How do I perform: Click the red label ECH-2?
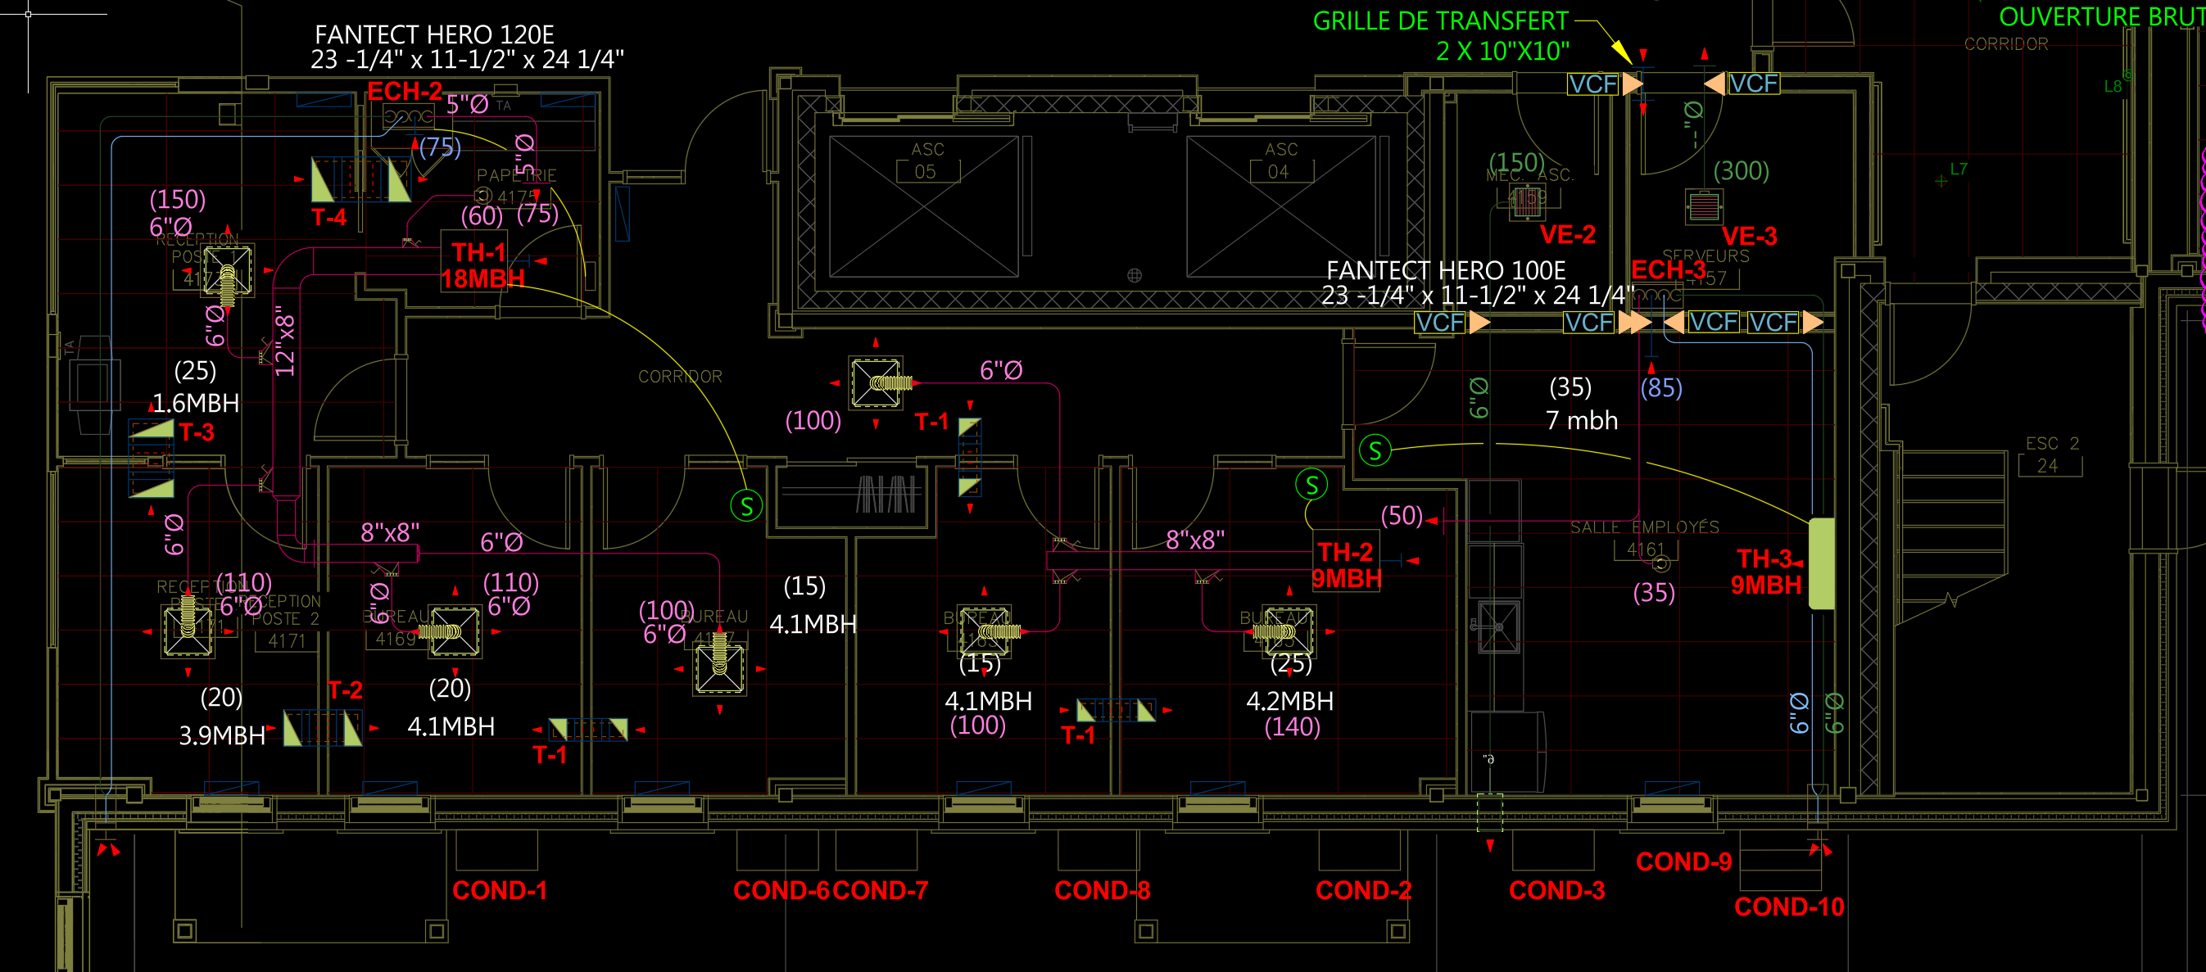(x=404, y=92)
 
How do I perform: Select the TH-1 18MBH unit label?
(x=482, y=265)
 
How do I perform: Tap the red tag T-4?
(x=328, y=218)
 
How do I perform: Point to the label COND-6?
(x=781, y=891)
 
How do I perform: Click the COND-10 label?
(x=1789, y=907)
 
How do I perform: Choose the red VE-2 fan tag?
(x=1567, y=235)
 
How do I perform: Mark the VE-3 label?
(x=1749, y=237)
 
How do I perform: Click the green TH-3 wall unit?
(x=1821, y=563)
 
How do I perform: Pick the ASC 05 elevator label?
(x=926, y=161)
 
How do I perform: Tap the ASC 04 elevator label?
(x=1280, y=161)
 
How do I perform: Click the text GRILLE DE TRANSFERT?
(x=1440, y=21)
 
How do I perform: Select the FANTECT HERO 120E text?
(x=434, y=35)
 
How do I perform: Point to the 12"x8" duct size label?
(x=285, y=341)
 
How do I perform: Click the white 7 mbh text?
(x=1581, y=420)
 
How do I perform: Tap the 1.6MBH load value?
(x=195, y=404)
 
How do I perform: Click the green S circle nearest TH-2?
(x=1311, y=486)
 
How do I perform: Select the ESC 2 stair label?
(x=2051, y=444)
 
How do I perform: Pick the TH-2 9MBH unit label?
(x=1345, y=565)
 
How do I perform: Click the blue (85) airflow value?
(x=1660, y=389)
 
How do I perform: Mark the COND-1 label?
(x=499, y=891)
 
